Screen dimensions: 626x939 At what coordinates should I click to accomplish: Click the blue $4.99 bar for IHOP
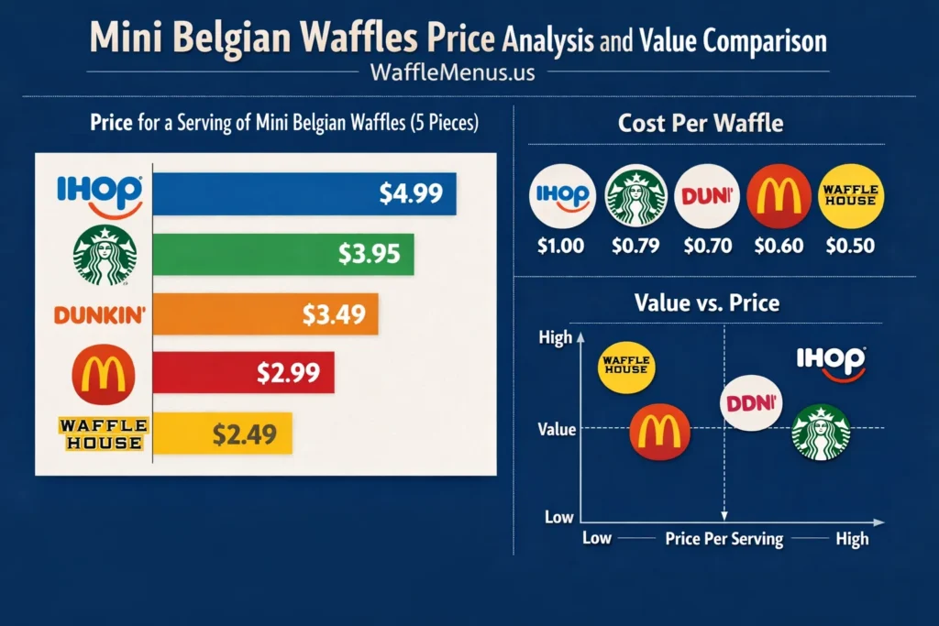(304, 193)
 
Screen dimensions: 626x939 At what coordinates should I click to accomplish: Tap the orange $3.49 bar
(265, 314)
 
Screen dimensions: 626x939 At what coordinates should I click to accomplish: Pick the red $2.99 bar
(243, 374)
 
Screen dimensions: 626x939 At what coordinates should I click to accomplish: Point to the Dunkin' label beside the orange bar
(101, 315)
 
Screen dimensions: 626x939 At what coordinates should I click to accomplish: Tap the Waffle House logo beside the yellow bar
(101, 434)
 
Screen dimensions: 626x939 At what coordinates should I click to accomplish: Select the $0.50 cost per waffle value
(850, 246)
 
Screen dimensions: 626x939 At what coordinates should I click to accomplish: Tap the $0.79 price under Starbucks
(634, 246)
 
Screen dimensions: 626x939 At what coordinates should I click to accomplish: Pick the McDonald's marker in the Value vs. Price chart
(659, 430)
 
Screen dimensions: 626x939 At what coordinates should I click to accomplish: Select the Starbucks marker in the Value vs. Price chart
(821, 432)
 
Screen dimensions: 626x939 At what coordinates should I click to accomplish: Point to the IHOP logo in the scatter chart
(831, 362)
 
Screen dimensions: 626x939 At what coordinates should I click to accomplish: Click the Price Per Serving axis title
(724, 539)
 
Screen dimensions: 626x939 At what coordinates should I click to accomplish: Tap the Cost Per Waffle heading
(701, 123)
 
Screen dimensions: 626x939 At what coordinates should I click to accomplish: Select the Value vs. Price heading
(701, 302)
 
